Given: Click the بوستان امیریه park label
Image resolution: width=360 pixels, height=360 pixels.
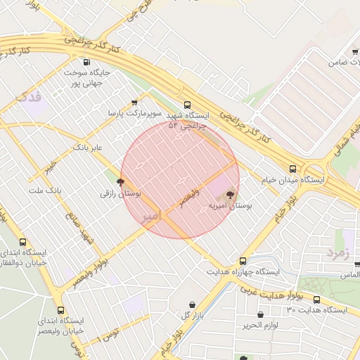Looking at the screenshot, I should (230, 206).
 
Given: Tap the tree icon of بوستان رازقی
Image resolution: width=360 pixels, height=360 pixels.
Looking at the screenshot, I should (127, 181).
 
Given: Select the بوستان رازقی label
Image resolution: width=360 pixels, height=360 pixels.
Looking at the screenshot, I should (121, 192).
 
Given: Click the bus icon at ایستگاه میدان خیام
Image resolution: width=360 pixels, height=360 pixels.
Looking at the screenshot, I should (293, 168).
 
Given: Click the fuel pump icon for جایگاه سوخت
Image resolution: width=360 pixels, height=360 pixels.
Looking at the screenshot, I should (86, 62).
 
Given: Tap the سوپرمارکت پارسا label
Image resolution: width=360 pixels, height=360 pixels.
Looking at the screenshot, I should (134, 112).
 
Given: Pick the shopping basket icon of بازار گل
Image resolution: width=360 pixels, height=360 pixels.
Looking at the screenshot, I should (192, 304).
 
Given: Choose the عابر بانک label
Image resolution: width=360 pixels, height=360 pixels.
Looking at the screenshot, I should (88, 148).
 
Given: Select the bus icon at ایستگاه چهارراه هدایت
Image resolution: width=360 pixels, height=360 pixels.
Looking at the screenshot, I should (243, 260).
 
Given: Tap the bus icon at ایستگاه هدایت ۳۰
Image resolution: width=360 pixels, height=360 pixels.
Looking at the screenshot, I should (316, 299).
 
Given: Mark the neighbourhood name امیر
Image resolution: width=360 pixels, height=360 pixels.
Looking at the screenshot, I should (150, 214).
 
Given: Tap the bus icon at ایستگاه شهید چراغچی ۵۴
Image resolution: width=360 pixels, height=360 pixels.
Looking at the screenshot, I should (186, 105).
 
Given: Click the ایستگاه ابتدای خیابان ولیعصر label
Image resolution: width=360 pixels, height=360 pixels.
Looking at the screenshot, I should (60, 325).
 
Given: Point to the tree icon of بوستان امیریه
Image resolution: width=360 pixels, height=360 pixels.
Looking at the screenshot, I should (230, 194).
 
